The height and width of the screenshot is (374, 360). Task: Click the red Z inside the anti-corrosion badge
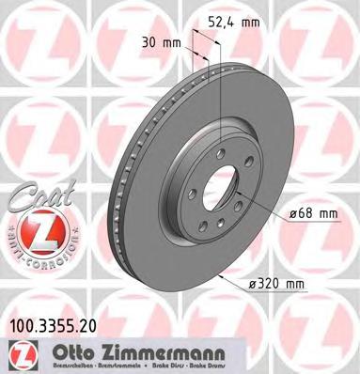[x=34, y=228]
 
